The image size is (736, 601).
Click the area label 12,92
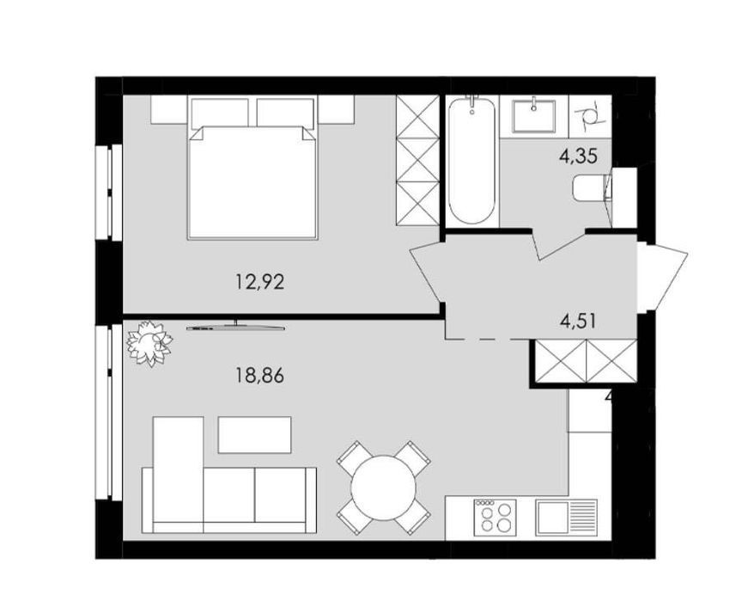(x=259, y=282)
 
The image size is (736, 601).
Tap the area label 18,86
(x=259, y=376)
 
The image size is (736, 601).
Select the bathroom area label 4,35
(x=578, y=156)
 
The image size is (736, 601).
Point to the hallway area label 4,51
(x=578, y=322)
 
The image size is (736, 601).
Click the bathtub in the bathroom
(x=471, y=161)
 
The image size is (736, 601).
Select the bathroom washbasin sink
(x=533, y=114)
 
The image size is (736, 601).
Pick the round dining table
(x=384, y=488)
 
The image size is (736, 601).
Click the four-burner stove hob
(x=496, y=518)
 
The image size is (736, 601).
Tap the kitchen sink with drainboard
(x=567, y=518)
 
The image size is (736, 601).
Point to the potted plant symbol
(x=149, y=342)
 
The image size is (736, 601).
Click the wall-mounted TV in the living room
(x=235, y=326)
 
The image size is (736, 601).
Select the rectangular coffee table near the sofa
(x=254, y=435)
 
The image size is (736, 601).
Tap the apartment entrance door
(x=663, y=275)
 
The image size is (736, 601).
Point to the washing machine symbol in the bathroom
(x=590, y=117)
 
